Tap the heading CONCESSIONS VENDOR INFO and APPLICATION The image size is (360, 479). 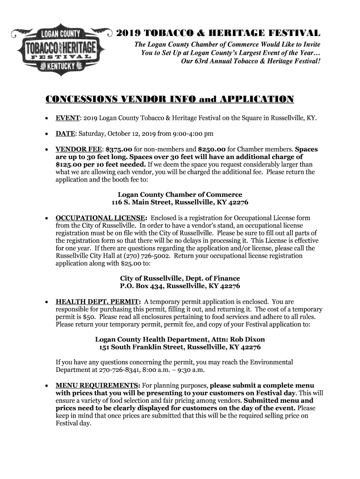169,99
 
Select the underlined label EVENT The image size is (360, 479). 66,118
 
